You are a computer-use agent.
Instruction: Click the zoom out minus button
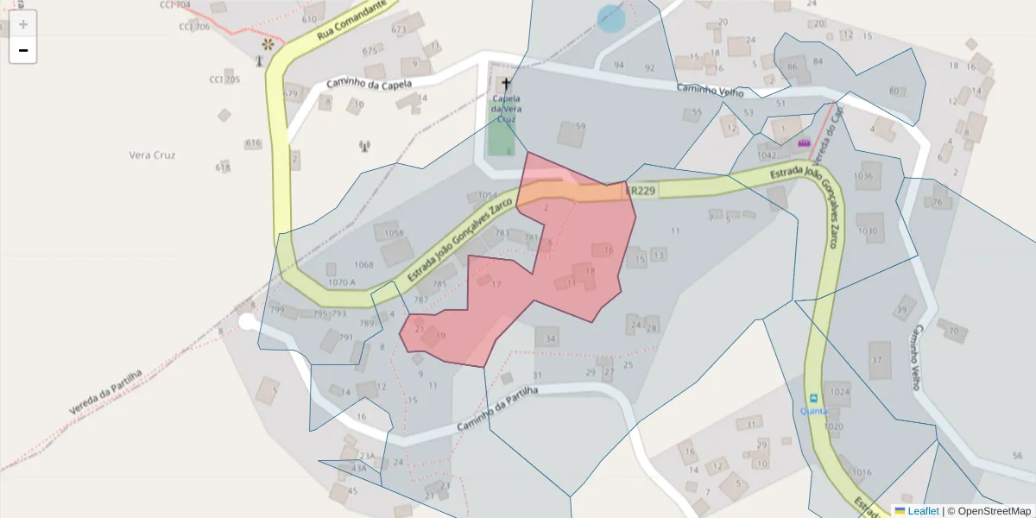23,51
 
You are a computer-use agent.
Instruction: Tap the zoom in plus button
23,24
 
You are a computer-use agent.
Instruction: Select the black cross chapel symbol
505,85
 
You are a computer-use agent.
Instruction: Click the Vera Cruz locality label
152,155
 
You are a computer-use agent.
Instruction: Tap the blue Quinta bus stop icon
812,398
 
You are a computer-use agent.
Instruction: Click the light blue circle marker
611,18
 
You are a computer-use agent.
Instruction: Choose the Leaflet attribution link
923,511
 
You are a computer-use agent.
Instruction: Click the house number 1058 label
394,233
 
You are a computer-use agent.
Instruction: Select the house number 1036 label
862,176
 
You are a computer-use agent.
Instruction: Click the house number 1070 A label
342,282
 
